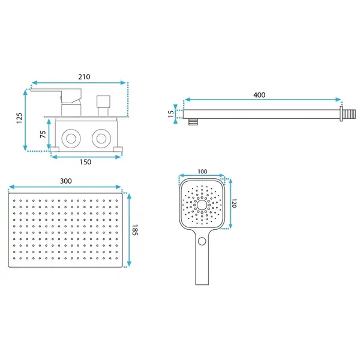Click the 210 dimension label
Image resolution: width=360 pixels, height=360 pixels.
coord(84,77)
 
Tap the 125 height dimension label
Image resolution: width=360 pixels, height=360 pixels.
coord(19,118)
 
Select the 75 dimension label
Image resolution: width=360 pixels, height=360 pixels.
coord(43,134)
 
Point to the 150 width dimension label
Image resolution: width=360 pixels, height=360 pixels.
coord(85,162)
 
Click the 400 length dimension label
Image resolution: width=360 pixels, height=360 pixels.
coord(259,95)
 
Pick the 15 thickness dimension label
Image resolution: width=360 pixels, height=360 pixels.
coord(171,114)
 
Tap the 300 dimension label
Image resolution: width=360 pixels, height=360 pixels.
coord(66,181)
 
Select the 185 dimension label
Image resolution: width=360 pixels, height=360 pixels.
coord(135,230)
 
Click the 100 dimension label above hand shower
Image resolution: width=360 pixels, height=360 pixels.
coord(202,172)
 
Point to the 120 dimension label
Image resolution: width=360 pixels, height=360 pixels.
coord(234,203)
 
